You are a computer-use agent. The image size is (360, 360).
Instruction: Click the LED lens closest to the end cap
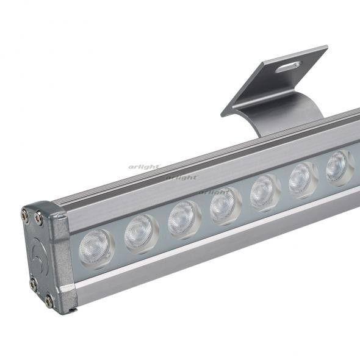(96, 245)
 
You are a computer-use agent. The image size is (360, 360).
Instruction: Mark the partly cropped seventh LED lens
(337, 167)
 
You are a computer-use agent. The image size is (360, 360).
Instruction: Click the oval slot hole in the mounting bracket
(287, 66)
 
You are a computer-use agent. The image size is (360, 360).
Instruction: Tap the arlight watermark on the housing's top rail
(182, 178)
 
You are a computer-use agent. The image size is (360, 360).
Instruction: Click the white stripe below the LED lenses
(214, 241)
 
